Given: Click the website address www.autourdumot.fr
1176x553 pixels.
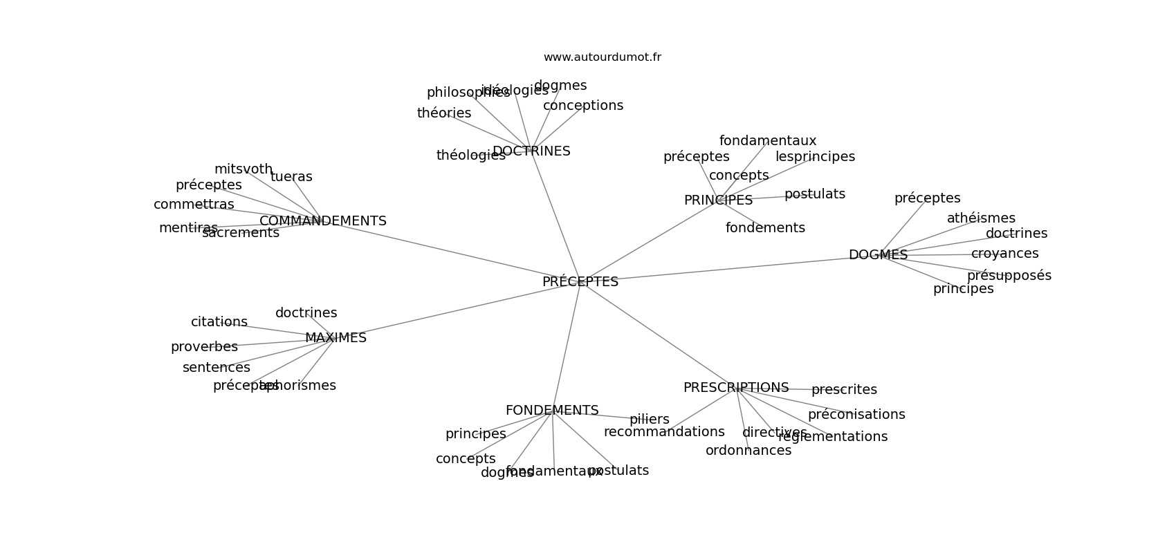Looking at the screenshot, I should [x=602, y=57].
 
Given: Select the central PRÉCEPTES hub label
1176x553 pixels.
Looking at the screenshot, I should [x=580, y=282].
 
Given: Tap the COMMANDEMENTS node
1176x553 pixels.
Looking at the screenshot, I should [x=322, y=221].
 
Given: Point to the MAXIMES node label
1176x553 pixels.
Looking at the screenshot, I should [x=336, y=338].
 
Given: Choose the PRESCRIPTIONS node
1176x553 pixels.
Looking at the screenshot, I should [x=735, y=388].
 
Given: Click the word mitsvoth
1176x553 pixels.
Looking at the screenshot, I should [x=244, y=169].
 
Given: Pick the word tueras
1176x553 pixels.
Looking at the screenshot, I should [x=291, y=177].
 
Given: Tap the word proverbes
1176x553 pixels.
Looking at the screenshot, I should [x=204, y=347].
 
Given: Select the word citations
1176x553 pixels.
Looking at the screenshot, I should [x=219, y=322].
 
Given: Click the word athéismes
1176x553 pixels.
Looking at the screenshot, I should [x=981, y=218].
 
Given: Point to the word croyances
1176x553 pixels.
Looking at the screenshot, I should [x=1004, y=254].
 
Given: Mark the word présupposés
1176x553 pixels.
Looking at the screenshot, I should [x=1009, y=276].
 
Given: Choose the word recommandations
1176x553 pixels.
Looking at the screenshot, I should [x=664, y=432].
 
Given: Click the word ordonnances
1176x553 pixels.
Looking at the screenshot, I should [x=748, y=451].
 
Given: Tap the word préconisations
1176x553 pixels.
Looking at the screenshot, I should [x=856, y=415].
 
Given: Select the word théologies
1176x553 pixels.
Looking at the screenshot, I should [x=470, y=156].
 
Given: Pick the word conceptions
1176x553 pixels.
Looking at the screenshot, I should [x=582, y=106].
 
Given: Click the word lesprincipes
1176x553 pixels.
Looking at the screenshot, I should [x=815, y=157].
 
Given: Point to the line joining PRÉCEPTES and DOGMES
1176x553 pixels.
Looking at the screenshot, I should [x=726, y=268].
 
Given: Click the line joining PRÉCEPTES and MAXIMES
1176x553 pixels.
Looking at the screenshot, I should [x=457, y=311].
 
